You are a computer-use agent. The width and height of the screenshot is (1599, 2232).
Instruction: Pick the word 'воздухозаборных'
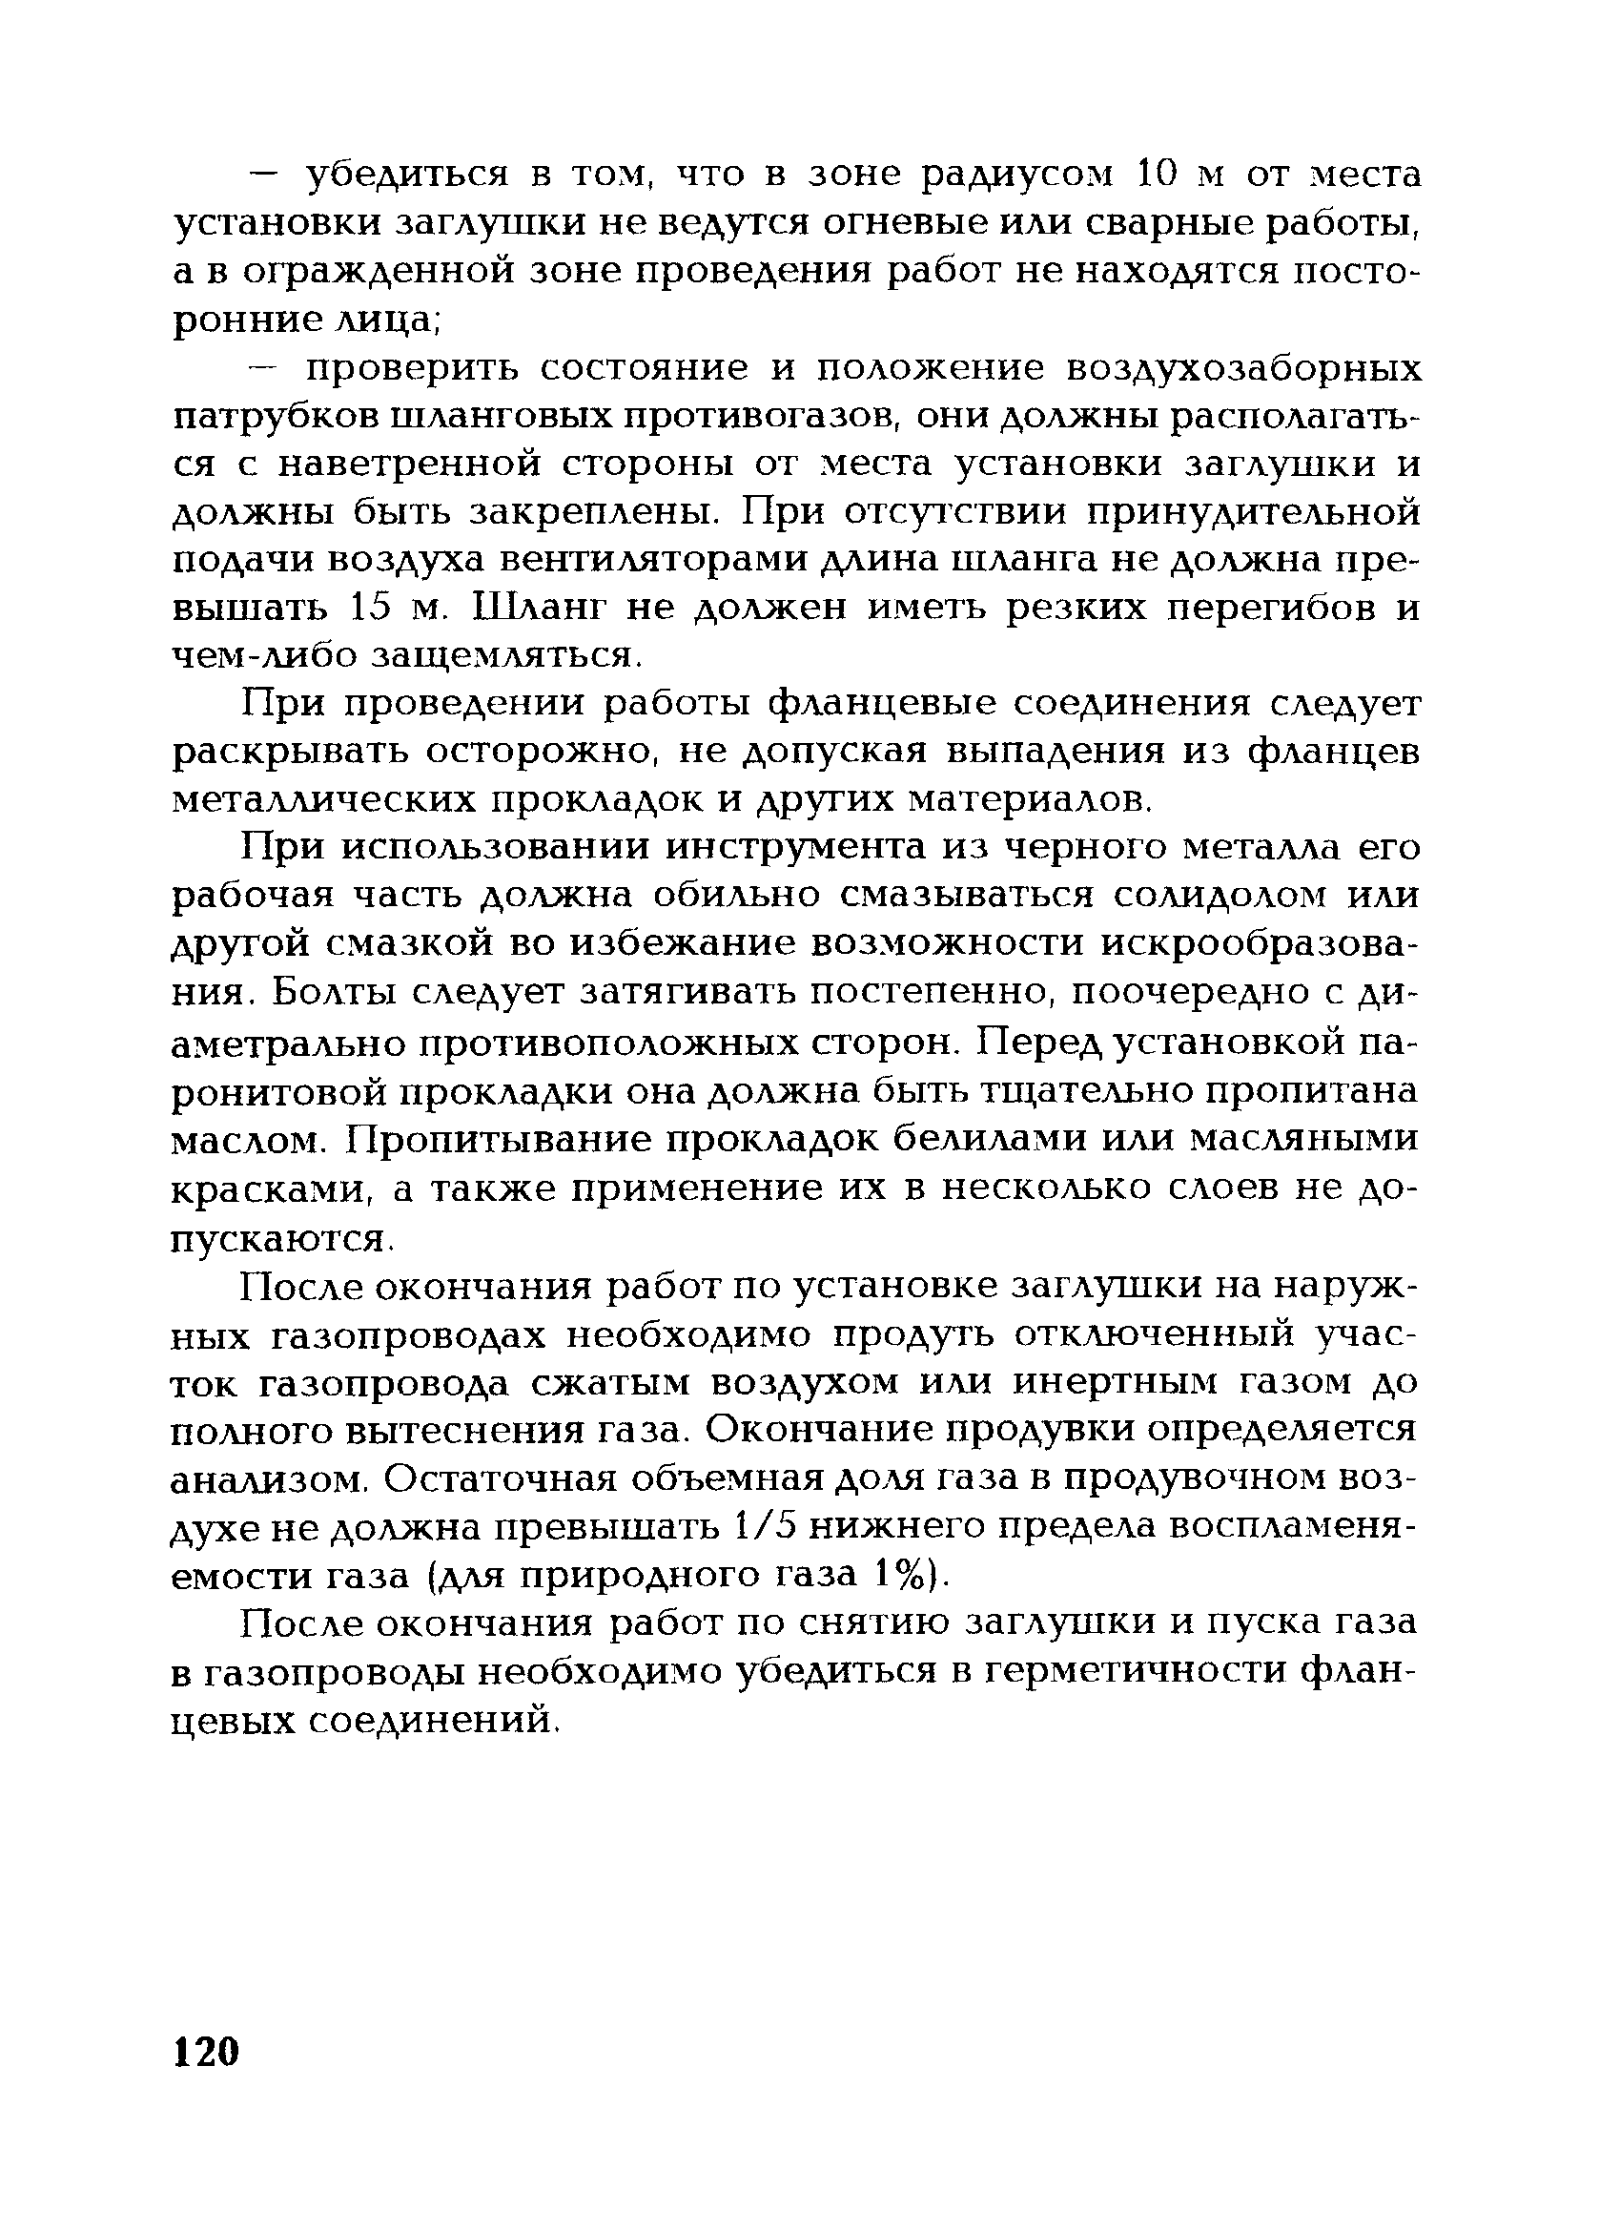(1243, 368)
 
